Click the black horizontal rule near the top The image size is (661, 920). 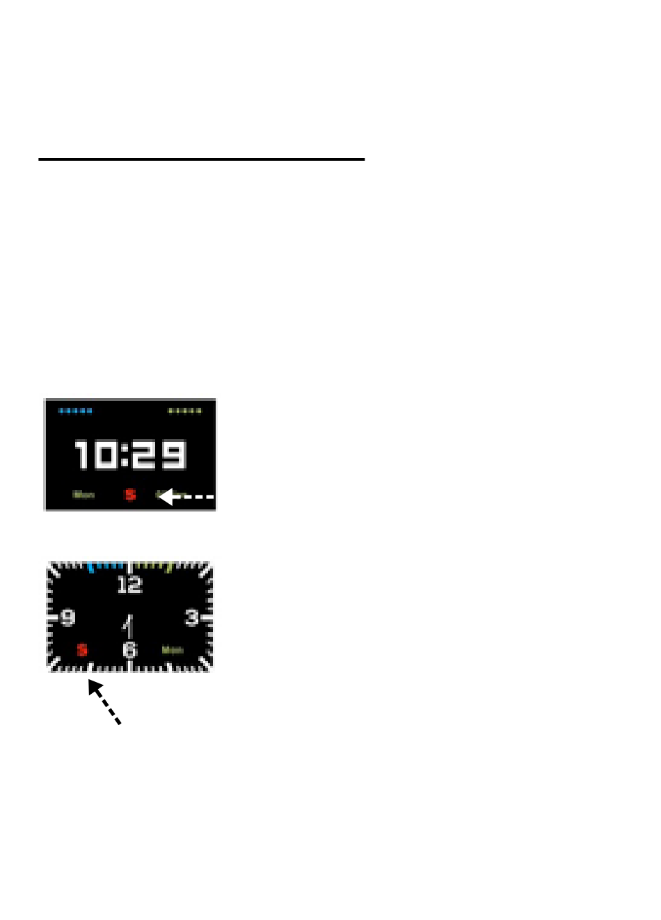pyautogui.click(x=201, y=159)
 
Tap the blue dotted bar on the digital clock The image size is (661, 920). pyautogui.click(x=75, y=411)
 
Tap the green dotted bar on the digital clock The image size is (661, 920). pyautogui.click(x=184, y=411)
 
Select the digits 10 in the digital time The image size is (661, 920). pyautogui.click(x=96, y=455)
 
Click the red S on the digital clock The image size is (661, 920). pyautogui.click(x=130, y=495)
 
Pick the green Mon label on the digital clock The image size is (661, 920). pyautogui.click(x=83, y=495)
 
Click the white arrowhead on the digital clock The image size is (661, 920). pyautogui.click(x=166, y=496)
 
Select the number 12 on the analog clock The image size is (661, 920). pyautogui.click(x=129, y=585)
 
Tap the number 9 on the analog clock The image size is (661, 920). pyautogui.click(x=68, y=617)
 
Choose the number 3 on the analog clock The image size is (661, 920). pyautogui.click(x=191, y=617)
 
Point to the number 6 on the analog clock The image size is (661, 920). pyautogui.click(x=130, y=650)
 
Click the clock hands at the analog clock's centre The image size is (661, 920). pyautogui.click(x=128, y=625)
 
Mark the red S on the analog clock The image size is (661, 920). pyautogui.click(x=82, y=650)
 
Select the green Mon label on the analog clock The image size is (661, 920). pyautogui.click(x=173, y=650)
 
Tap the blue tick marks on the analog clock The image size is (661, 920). pyautogui.click(x=106, y=566)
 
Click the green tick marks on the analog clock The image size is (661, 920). pyautogui.click(x=153, y=566)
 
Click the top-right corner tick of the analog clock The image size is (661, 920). pyautogui.click(x=205, y=571)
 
